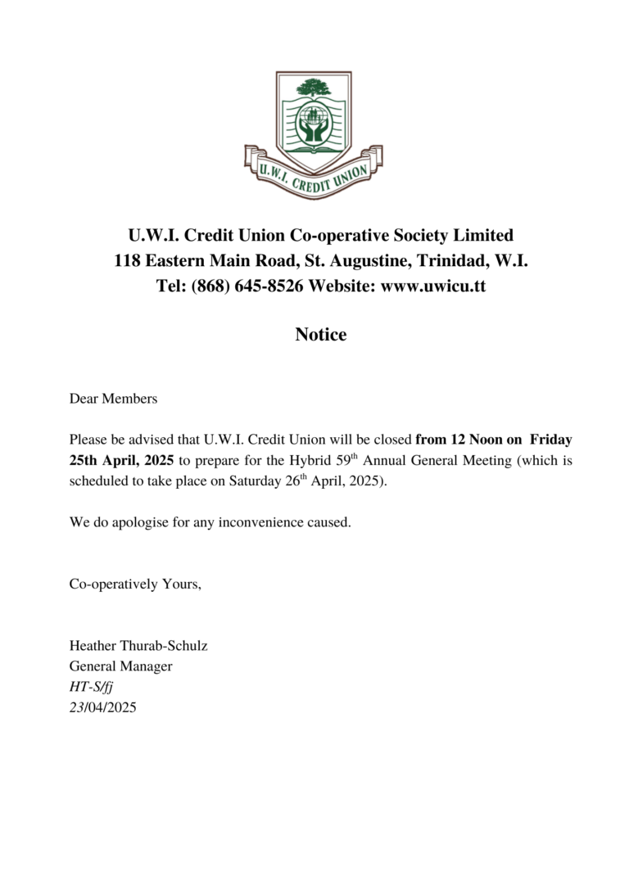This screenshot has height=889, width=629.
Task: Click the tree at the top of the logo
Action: pos(314,87)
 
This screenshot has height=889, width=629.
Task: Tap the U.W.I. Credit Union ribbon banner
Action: pos(314,174)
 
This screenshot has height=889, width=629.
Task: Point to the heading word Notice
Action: pos(321,335)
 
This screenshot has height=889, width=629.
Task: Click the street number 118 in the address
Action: pos(128,261)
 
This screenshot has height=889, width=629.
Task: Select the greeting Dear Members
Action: pos(113,399)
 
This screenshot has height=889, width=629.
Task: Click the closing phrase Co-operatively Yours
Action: pos(135,584)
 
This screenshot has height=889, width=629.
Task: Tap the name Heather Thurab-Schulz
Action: pos(138,646)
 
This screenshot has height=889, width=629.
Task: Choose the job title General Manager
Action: pos(120,666)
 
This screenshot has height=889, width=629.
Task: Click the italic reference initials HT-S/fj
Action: pos(91,687)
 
